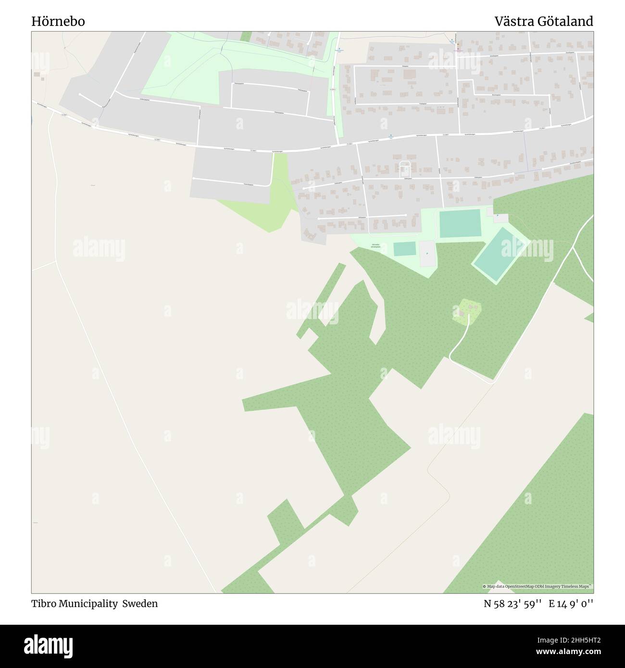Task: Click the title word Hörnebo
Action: [58, 21]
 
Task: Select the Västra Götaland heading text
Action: [544, 21]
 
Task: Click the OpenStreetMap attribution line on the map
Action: [537, 586]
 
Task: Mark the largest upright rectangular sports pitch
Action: [460, 223]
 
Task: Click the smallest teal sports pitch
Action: [404, 249]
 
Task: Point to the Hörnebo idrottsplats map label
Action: [375, 246]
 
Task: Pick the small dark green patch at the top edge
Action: [246, 37]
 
